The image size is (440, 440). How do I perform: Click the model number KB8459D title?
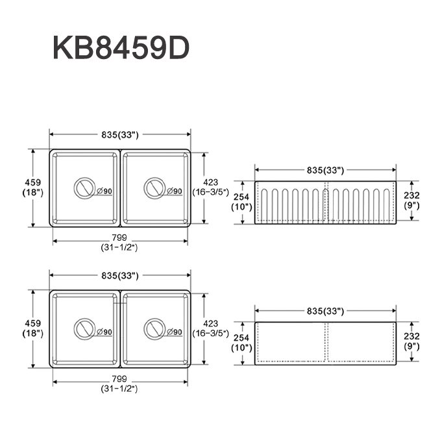pos(121,49)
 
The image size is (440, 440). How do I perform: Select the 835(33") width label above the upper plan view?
pos(120,135)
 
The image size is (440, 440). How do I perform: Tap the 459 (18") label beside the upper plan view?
pos(32,188)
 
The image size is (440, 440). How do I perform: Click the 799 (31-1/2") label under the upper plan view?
pos(119,243)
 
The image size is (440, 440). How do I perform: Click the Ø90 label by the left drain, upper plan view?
pos(104,191)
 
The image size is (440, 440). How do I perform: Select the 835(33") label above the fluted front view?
pos(324,170)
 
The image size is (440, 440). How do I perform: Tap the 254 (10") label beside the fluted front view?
pos(241,202)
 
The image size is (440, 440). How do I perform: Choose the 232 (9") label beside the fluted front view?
pos(411,200)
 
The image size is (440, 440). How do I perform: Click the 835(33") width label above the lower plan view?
pos(120,276)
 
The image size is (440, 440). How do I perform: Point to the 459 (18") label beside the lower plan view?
pos(32,328)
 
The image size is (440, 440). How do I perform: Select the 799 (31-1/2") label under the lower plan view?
pos(119,384)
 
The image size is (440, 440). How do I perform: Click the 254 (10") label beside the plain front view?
pos(241,343)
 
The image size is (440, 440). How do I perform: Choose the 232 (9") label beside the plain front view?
pos(411,341)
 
